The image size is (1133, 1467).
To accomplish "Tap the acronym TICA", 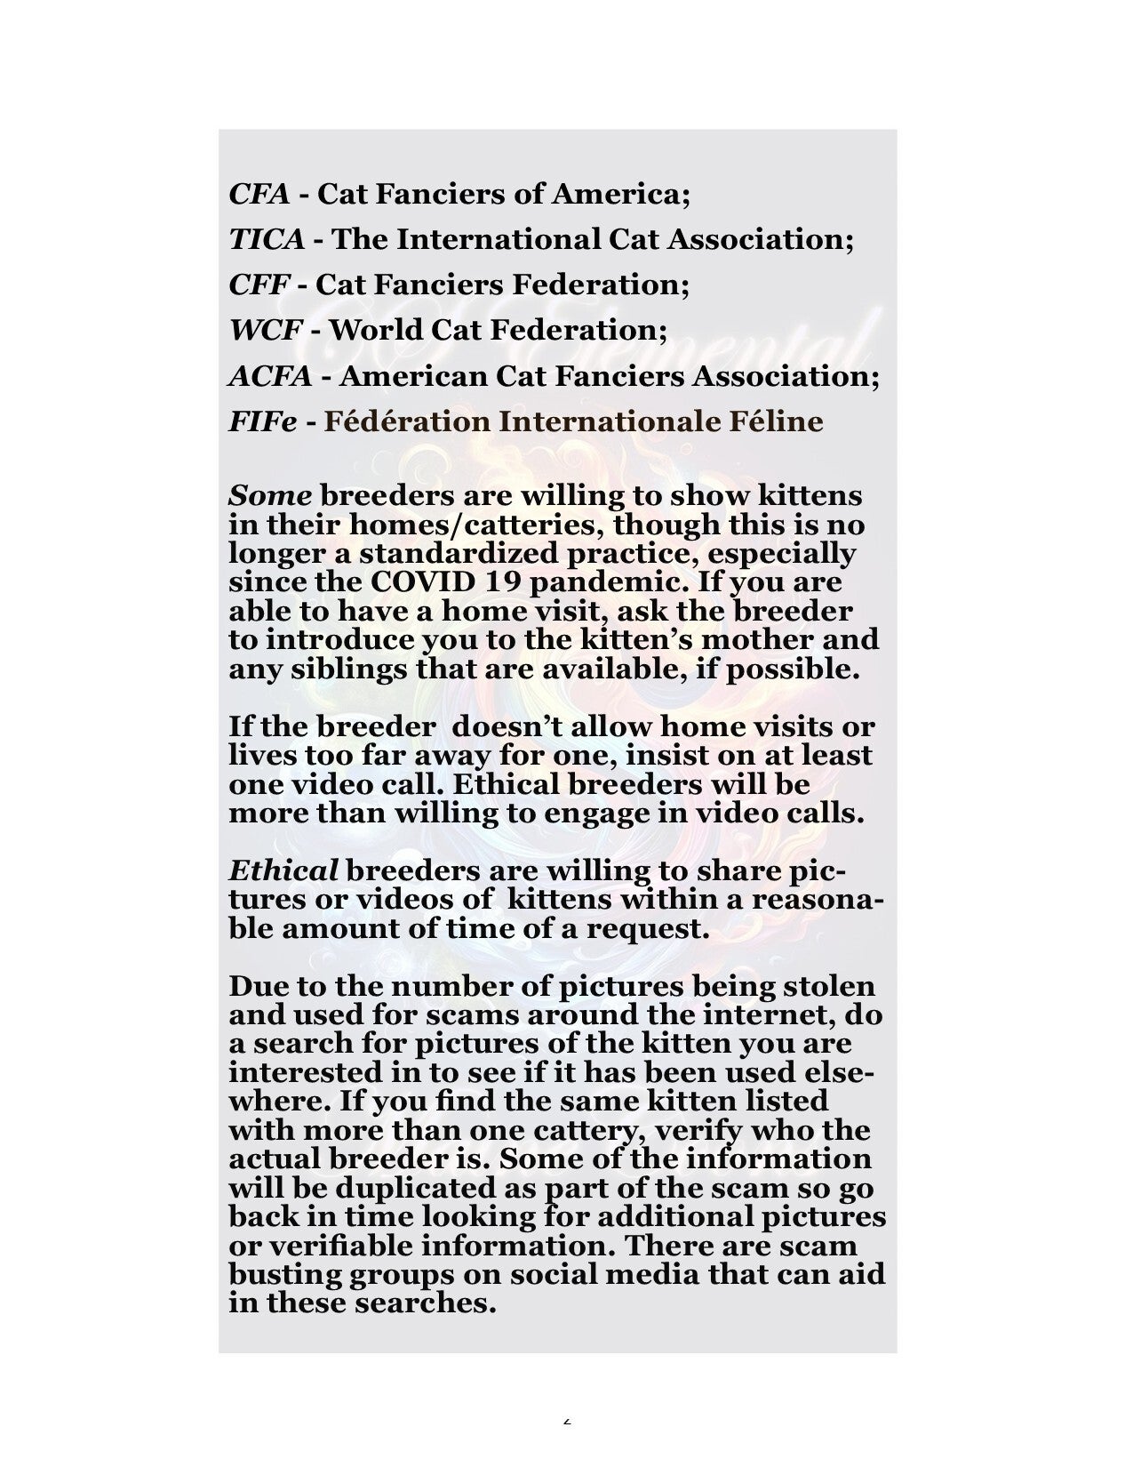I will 267,238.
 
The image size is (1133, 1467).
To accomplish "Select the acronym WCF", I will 265,330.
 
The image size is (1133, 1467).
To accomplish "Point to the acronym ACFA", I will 270,376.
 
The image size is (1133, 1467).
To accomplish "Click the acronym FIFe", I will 263,421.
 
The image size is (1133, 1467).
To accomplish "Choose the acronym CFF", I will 259,285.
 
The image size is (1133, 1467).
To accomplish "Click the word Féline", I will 777,421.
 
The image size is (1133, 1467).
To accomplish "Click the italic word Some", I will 270,496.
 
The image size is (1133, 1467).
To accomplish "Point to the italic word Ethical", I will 283,870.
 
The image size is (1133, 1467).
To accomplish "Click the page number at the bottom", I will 567,1419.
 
